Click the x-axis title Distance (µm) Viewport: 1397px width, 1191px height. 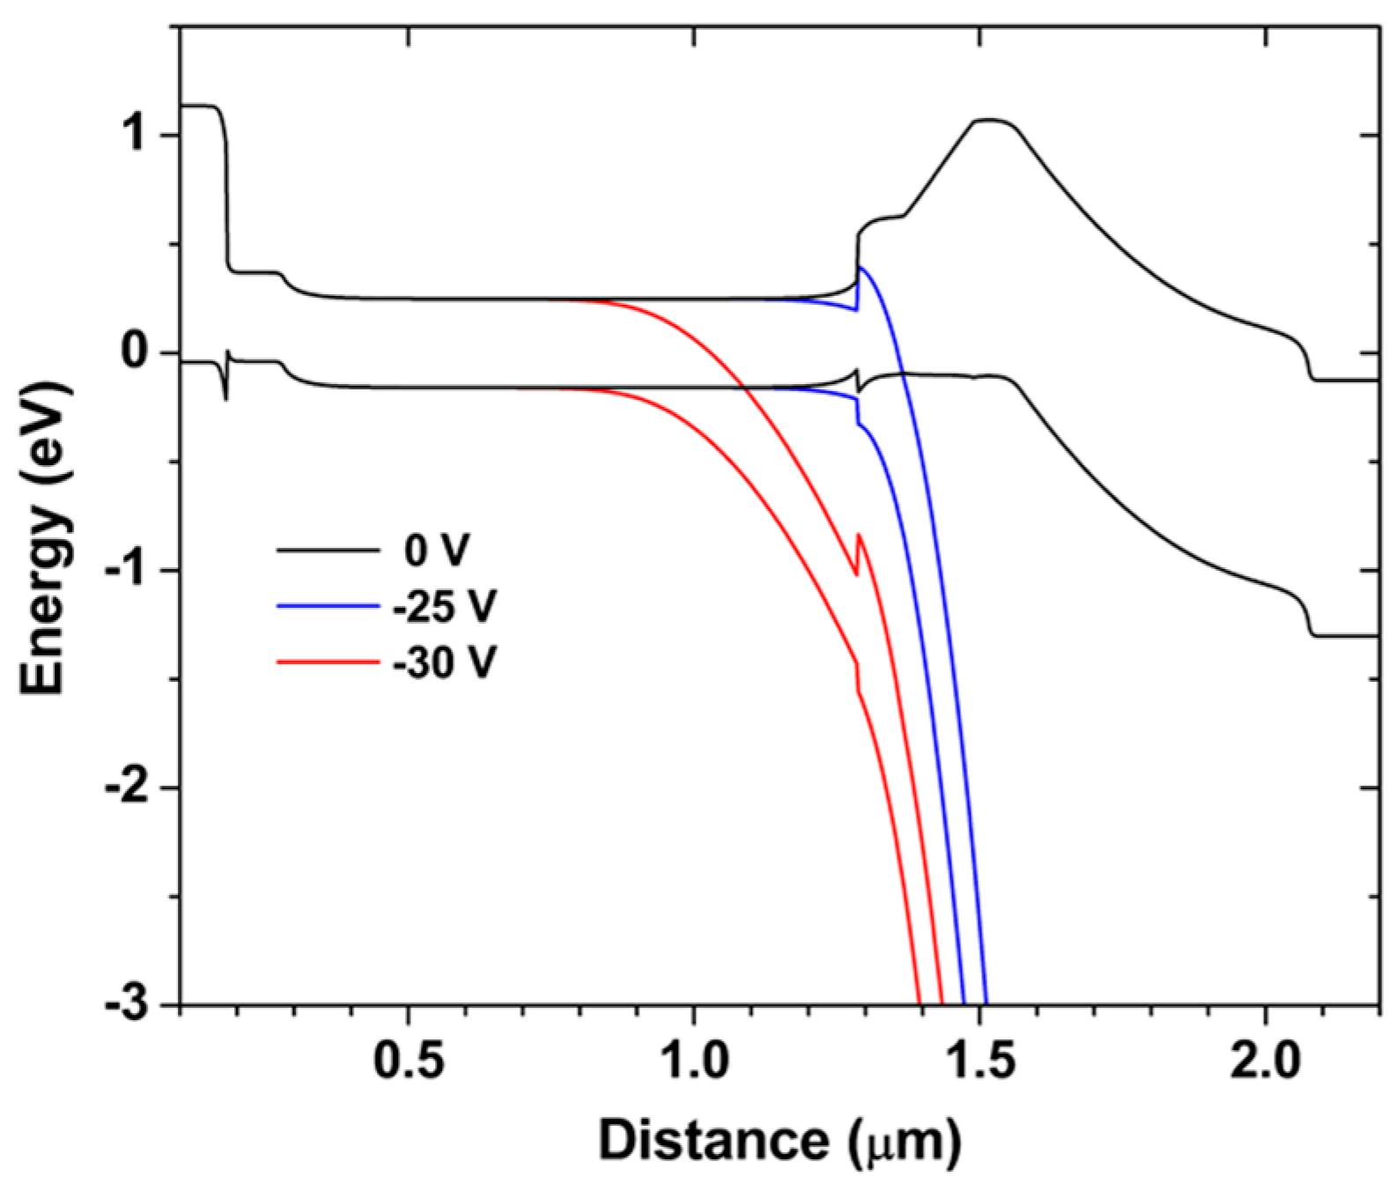(779, 1141)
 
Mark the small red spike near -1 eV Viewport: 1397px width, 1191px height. (859, 535)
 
